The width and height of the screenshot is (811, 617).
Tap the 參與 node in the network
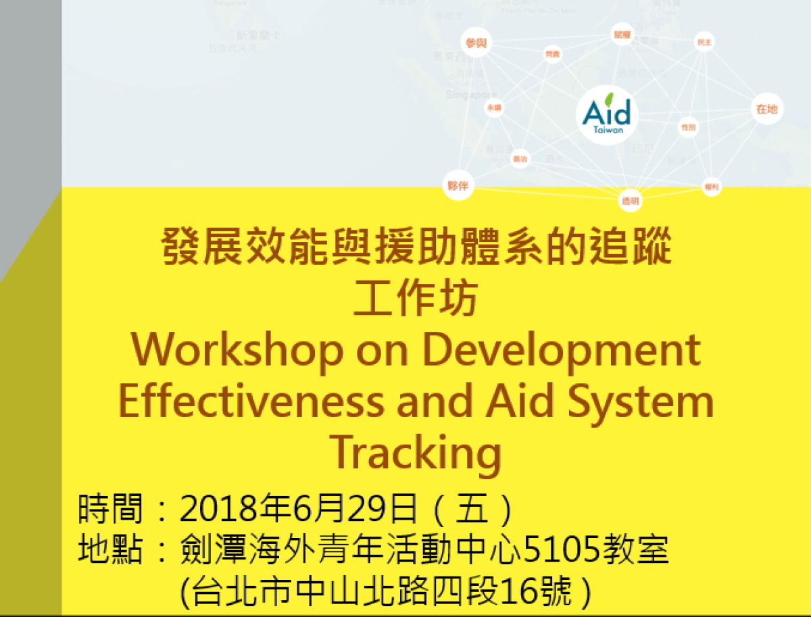(476, 43)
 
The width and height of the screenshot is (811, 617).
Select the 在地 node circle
(766, 109)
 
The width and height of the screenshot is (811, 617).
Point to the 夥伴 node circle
(458, 185)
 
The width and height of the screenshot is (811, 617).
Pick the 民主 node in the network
(704, 43)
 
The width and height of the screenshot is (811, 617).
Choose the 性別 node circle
(688, 127)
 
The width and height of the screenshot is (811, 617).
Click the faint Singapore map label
(471, 95)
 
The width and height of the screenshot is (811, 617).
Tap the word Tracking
(416, 453)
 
